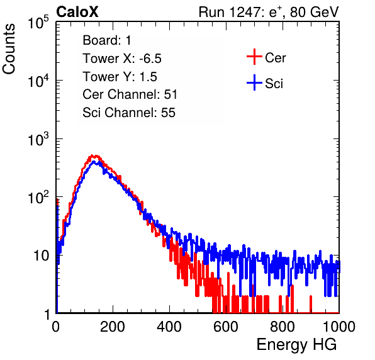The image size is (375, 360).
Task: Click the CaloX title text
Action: coord(77,12)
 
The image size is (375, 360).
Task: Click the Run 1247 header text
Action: coord(269,12)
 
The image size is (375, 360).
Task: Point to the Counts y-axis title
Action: coord(9,49)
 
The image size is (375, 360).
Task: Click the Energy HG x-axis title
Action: coord(296,345)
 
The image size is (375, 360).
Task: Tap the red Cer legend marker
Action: coord(254,57)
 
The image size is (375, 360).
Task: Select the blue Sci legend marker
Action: coord(254,82)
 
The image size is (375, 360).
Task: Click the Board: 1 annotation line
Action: coord(107,40)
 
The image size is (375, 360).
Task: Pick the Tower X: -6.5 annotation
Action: coord(122,59)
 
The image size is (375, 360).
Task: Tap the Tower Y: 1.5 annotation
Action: coord(120,77)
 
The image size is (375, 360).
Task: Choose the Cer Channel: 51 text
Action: coord(130,94)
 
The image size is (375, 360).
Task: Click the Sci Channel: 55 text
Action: coord(129,113)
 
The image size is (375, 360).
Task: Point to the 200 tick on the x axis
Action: coord(113,327)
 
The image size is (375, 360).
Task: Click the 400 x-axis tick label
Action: coord(169,327)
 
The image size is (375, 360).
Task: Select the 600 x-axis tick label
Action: coord(226,327)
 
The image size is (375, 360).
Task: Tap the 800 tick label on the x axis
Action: coord(283,327)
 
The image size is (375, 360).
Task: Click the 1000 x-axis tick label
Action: coord(339,327)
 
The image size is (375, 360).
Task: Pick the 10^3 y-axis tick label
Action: coord(38,138)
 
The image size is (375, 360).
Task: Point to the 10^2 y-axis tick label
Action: coord(38,197)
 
